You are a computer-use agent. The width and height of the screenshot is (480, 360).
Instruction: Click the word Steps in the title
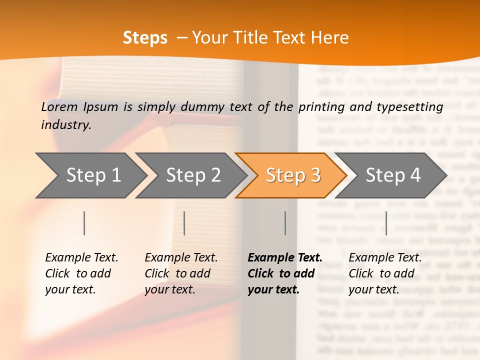coord(145,38)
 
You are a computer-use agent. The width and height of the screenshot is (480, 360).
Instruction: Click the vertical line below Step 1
coord(84,223)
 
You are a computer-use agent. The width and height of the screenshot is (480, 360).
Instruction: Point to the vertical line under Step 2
coord(184,223)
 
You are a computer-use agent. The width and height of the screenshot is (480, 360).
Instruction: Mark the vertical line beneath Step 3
coord(285,223)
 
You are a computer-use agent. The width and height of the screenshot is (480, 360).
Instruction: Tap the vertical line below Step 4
coord(386,223)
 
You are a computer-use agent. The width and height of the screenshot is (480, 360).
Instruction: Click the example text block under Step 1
coord(81,273)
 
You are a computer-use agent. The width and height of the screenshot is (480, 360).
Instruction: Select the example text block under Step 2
coord(181,273)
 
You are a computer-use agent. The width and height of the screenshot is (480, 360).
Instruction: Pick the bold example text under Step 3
coord(284,273)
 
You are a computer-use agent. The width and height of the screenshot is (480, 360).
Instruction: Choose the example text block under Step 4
coord(385,273)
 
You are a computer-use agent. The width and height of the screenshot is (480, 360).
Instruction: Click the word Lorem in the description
coord(59,106)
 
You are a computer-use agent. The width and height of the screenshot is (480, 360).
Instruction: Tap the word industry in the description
coord(65,125)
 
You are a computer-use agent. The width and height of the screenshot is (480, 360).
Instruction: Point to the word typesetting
coord(413,106)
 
